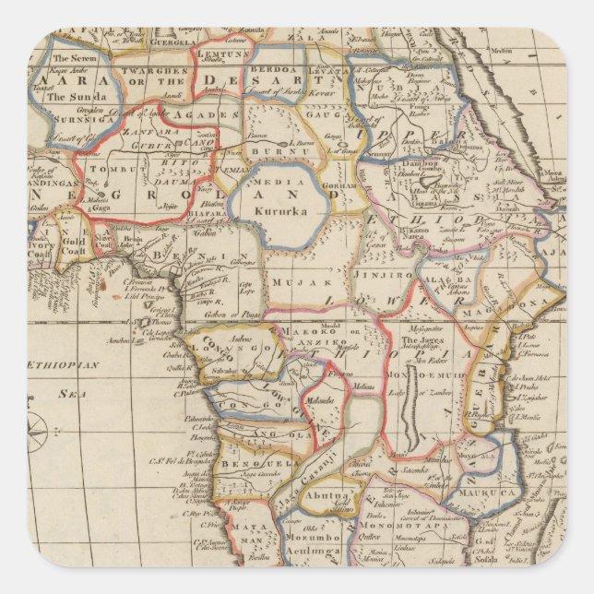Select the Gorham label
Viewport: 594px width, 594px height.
click(340, 185)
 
